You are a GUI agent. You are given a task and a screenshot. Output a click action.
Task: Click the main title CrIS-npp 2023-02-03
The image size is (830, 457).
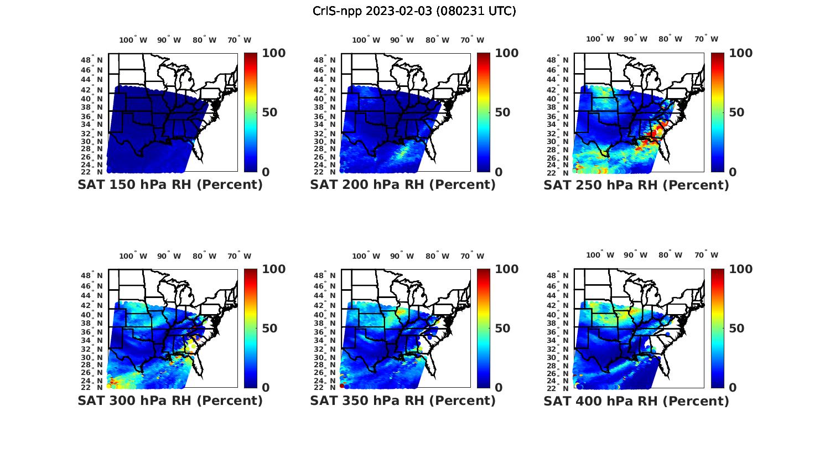tap(414, 11)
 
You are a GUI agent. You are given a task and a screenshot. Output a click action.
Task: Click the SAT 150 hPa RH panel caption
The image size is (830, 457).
tap(170, 185)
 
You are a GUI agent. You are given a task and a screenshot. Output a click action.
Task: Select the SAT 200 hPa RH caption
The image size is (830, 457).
tap(403, 185)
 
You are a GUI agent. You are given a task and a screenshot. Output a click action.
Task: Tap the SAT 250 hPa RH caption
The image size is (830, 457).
tap(636, 185)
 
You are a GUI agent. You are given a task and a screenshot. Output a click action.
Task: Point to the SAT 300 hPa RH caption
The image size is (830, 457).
tap(170, 400)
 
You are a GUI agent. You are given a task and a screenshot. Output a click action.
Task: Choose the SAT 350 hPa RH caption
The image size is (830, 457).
tap(403, 400)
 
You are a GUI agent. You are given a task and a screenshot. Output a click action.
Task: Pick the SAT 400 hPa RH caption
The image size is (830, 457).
tap(636, 400)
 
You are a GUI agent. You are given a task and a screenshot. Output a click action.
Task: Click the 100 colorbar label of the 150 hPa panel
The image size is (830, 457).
tap(273, 53)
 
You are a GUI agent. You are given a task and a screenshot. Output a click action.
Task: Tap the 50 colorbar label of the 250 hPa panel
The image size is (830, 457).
tap(736, 112)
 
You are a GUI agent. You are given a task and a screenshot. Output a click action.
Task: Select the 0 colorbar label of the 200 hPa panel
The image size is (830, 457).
tap(499, 172)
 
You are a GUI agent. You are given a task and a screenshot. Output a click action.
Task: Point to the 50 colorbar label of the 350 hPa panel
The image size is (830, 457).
tap(502, 328)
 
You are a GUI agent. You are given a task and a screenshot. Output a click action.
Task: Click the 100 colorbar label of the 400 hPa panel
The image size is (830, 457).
tap(741, 269)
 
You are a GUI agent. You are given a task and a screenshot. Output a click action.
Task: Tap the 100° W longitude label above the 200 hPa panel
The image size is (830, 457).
tap(366, 40)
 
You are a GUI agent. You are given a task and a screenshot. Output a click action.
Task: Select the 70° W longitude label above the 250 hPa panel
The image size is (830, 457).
tap(706, 39)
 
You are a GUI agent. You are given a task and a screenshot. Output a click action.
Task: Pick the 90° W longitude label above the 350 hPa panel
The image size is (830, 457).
tap(402, 256)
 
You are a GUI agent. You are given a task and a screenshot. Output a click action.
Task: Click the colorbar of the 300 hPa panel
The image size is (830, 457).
tap(251, 328)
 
